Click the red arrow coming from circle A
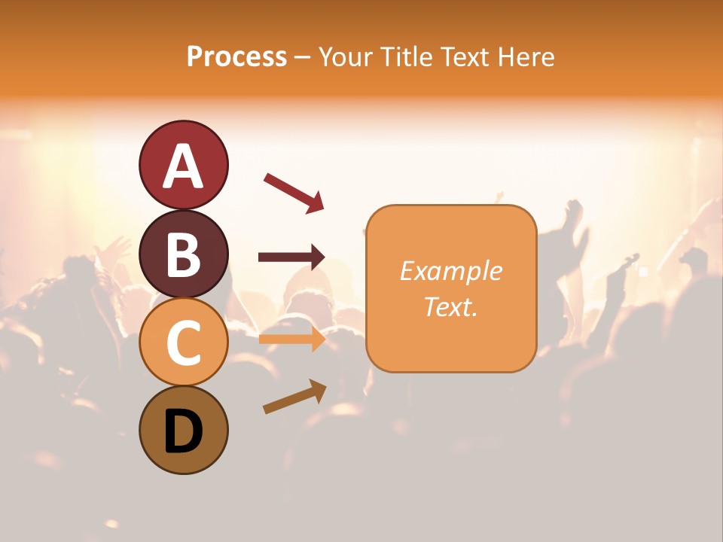293,193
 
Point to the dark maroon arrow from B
291,257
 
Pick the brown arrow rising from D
294,397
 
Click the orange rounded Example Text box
451,288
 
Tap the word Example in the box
450,270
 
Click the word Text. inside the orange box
450,306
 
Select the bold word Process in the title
236,56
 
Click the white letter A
183,167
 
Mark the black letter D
183,432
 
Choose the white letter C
183,343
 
